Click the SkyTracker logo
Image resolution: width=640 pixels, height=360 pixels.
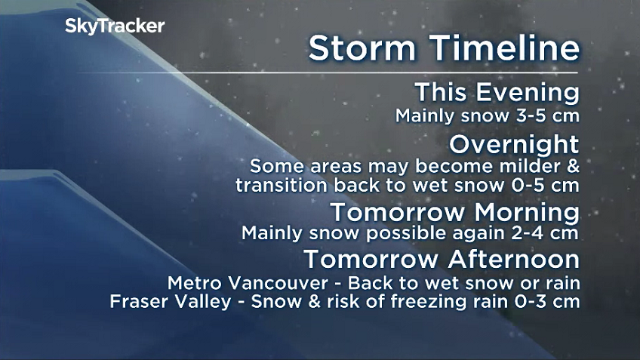(x=114, y=26)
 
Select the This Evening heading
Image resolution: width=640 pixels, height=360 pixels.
(x=497, y=94)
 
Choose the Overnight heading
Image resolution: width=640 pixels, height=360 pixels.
(x=514, y=143)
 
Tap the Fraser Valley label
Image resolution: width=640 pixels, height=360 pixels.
(x=158, y=301)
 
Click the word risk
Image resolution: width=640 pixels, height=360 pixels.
(x=344, y=301)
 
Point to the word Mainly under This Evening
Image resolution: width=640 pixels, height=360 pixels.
(x=425, y=116)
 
